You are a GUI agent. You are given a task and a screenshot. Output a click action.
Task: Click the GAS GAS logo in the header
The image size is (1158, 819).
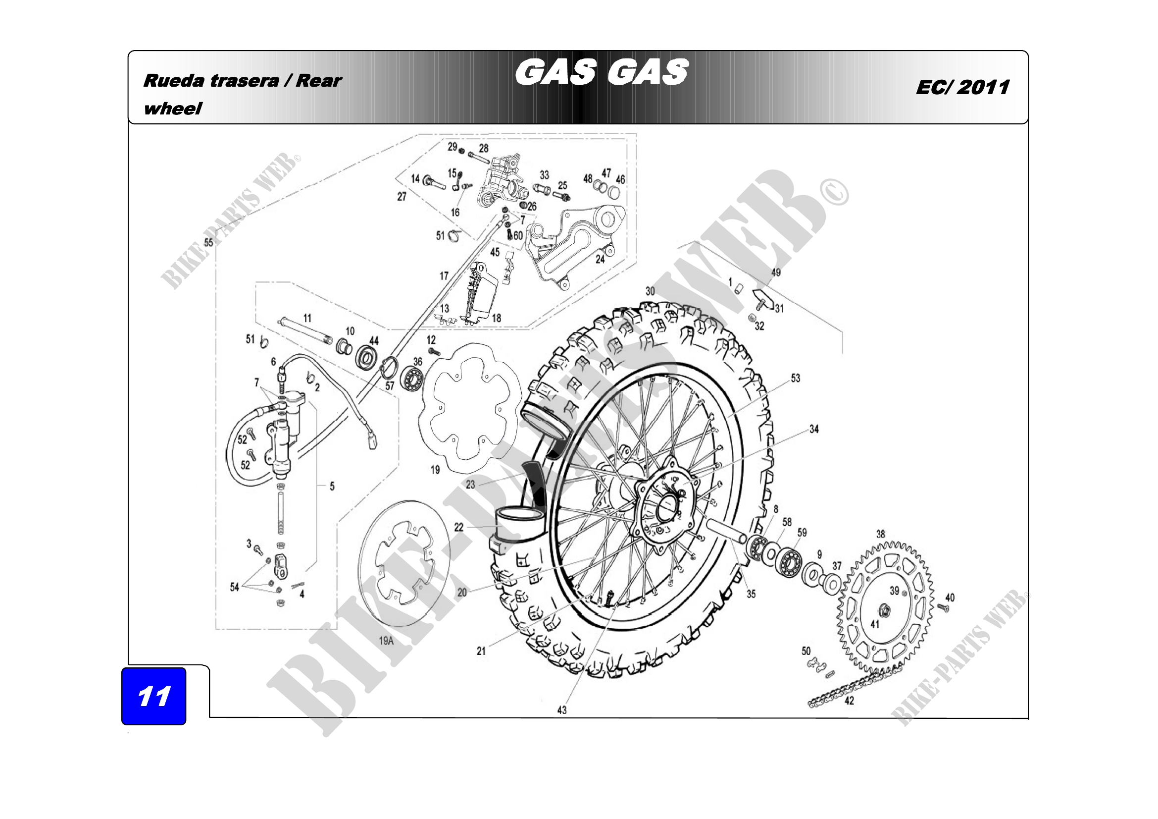[x=602, y=72]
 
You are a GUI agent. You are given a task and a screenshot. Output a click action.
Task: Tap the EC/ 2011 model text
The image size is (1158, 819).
[x=962, y=87]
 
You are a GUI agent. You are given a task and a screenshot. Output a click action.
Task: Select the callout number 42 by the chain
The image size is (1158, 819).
[x=850, y=701]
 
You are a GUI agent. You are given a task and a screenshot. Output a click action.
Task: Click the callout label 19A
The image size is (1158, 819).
[x=386, y=641]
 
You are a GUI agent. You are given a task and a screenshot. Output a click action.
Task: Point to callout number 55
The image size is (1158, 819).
[x=209, y=242]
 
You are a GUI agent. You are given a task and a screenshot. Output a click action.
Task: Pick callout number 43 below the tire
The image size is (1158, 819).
[x=562, y=710]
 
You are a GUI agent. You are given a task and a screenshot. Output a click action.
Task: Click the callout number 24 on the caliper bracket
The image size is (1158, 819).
[x=600, y=260]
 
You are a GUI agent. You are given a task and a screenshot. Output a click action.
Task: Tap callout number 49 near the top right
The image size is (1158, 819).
[x=776, y=273]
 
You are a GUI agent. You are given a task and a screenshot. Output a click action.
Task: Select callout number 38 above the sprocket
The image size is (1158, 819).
[x=881, y=534]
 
